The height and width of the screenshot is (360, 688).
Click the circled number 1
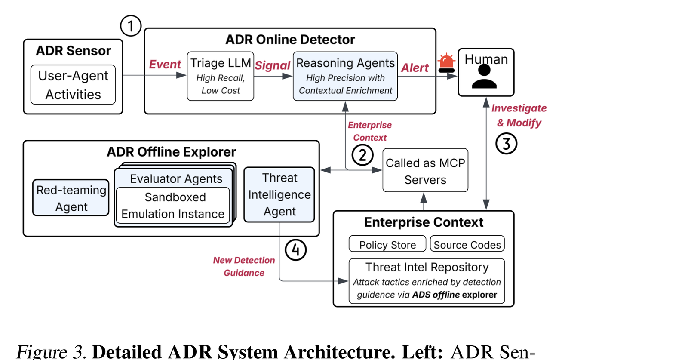131,26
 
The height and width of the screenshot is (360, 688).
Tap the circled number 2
362,155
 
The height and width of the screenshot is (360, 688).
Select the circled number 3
506,144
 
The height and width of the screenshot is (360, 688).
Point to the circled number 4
295,250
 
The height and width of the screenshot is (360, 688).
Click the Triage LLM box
221,76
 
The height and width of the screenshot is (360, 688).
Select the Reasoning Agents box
345,76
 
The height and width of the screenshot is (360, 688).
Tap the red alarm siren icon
446,63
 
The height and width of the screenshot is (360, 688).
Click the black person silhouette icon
484,77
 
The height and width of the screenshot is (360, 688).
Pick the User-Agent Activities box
73,84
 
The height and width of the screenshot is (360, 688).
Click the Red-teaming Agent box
71,198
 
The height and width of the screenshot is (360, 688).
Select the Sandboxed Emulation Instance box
173,206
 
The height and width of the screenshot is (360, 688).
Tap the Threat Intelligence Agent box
279,194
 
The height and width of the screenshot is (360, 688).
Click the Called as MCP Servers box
425,170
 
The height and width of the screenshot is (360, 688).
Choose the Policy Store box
387,244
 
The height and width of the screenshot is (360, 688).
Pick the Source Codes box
467,244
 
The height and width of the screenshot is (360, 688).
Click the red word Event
165,65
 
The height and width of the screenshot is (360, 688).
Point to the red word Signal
273,65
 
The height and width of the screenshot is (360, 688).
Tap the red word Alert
415,68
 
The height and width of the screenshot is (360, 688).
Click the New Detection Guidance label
244,266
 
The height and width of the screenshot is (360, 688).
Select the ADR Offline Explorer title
172,152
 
